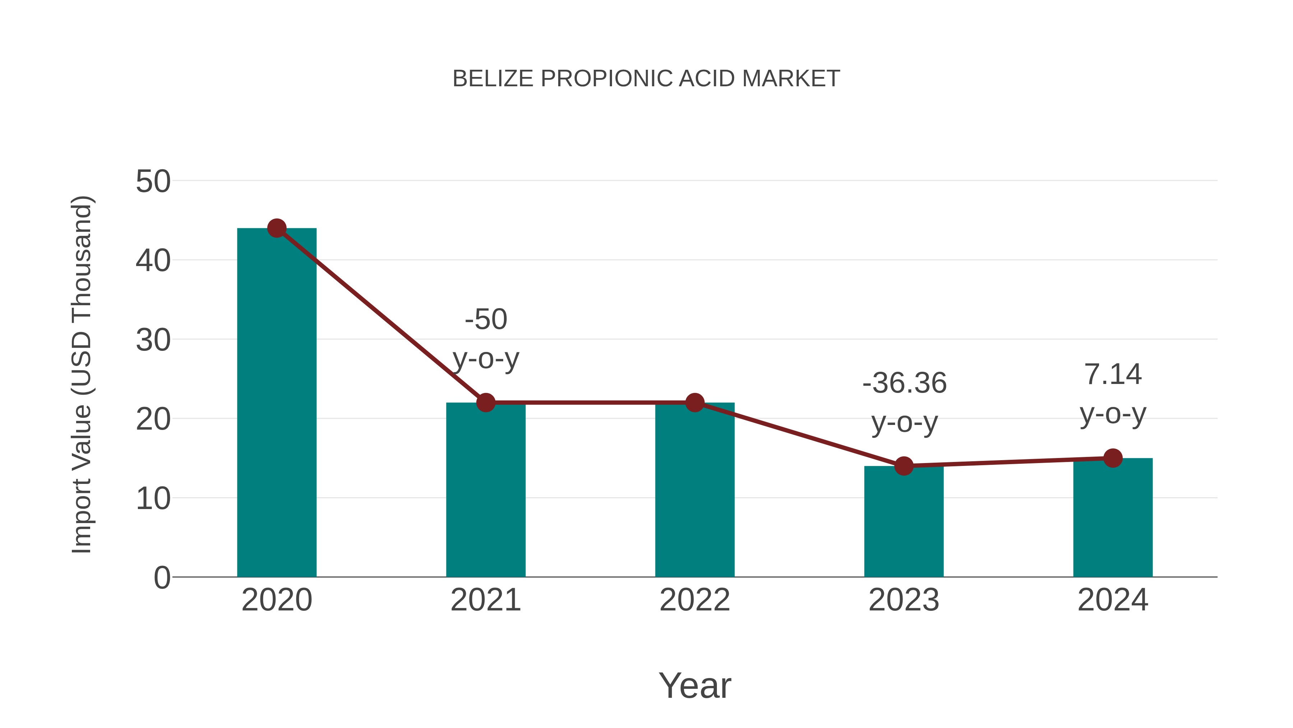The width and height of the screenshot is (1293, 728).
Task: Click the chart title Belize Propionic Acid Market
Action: click(x=646, y=79)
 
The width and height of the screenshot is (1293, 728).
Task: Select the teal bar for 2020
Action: click(x=277, y=402)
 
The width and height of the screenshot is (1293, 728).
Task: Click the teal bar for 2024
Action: click(x=1113, y=517)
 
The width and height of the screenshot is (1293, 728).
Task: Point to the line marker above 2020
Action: click(x=277, y=228)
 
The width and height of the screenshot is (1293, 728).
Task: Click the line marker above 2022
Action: click(x=695, y=402)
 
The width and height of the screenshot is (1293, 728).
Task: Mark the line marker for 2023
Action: click(x=904, y=466)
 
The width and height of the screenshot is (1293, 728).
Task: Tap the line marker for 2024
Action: click(x=1113, y=458)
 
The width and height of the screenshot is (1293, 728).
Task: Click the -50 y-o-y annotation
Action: click(x=485, y=339)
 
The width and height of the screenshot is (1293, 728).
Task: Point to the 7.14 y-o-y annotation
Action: click(x=1113, y=394)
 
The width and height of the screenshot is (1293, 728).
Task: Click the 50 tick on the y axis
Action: click(x=153, y=182)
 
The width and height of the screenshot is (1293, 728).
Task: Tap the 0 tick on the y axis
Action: click(x=162, y=578)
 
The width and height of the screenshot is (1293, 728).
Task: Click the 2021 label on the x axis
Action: click(x=485, y=600)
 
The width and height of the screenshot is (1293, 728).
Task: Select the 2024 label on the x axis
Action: click(x=1113, y=600)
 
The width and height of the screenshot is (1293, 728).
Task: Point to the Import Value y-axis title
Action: click(x=81, y=374)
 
